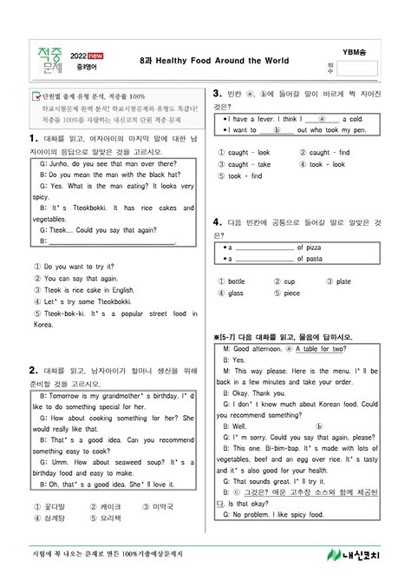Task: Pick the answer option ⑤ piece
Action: pyautogui.click(x=286, y=293)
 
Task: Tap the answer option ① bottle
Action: pyautogui.click(x=232, y=281)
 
